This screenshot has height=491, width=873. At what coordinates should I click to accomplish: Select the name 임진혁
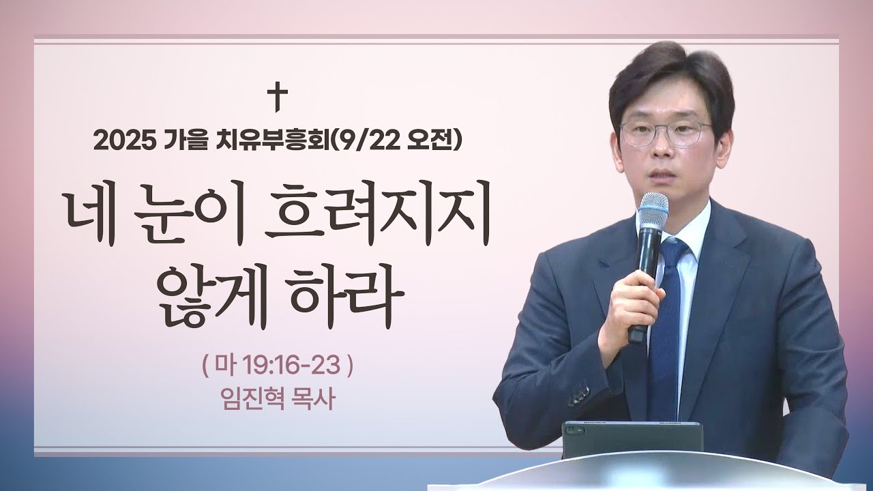tap(246, 399)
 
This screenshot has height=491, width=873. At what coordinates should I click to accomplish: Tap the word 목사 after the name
tap(314, 399)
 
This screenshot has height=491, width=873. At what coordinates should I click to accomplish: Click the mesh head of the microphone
tap(653, 213)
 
